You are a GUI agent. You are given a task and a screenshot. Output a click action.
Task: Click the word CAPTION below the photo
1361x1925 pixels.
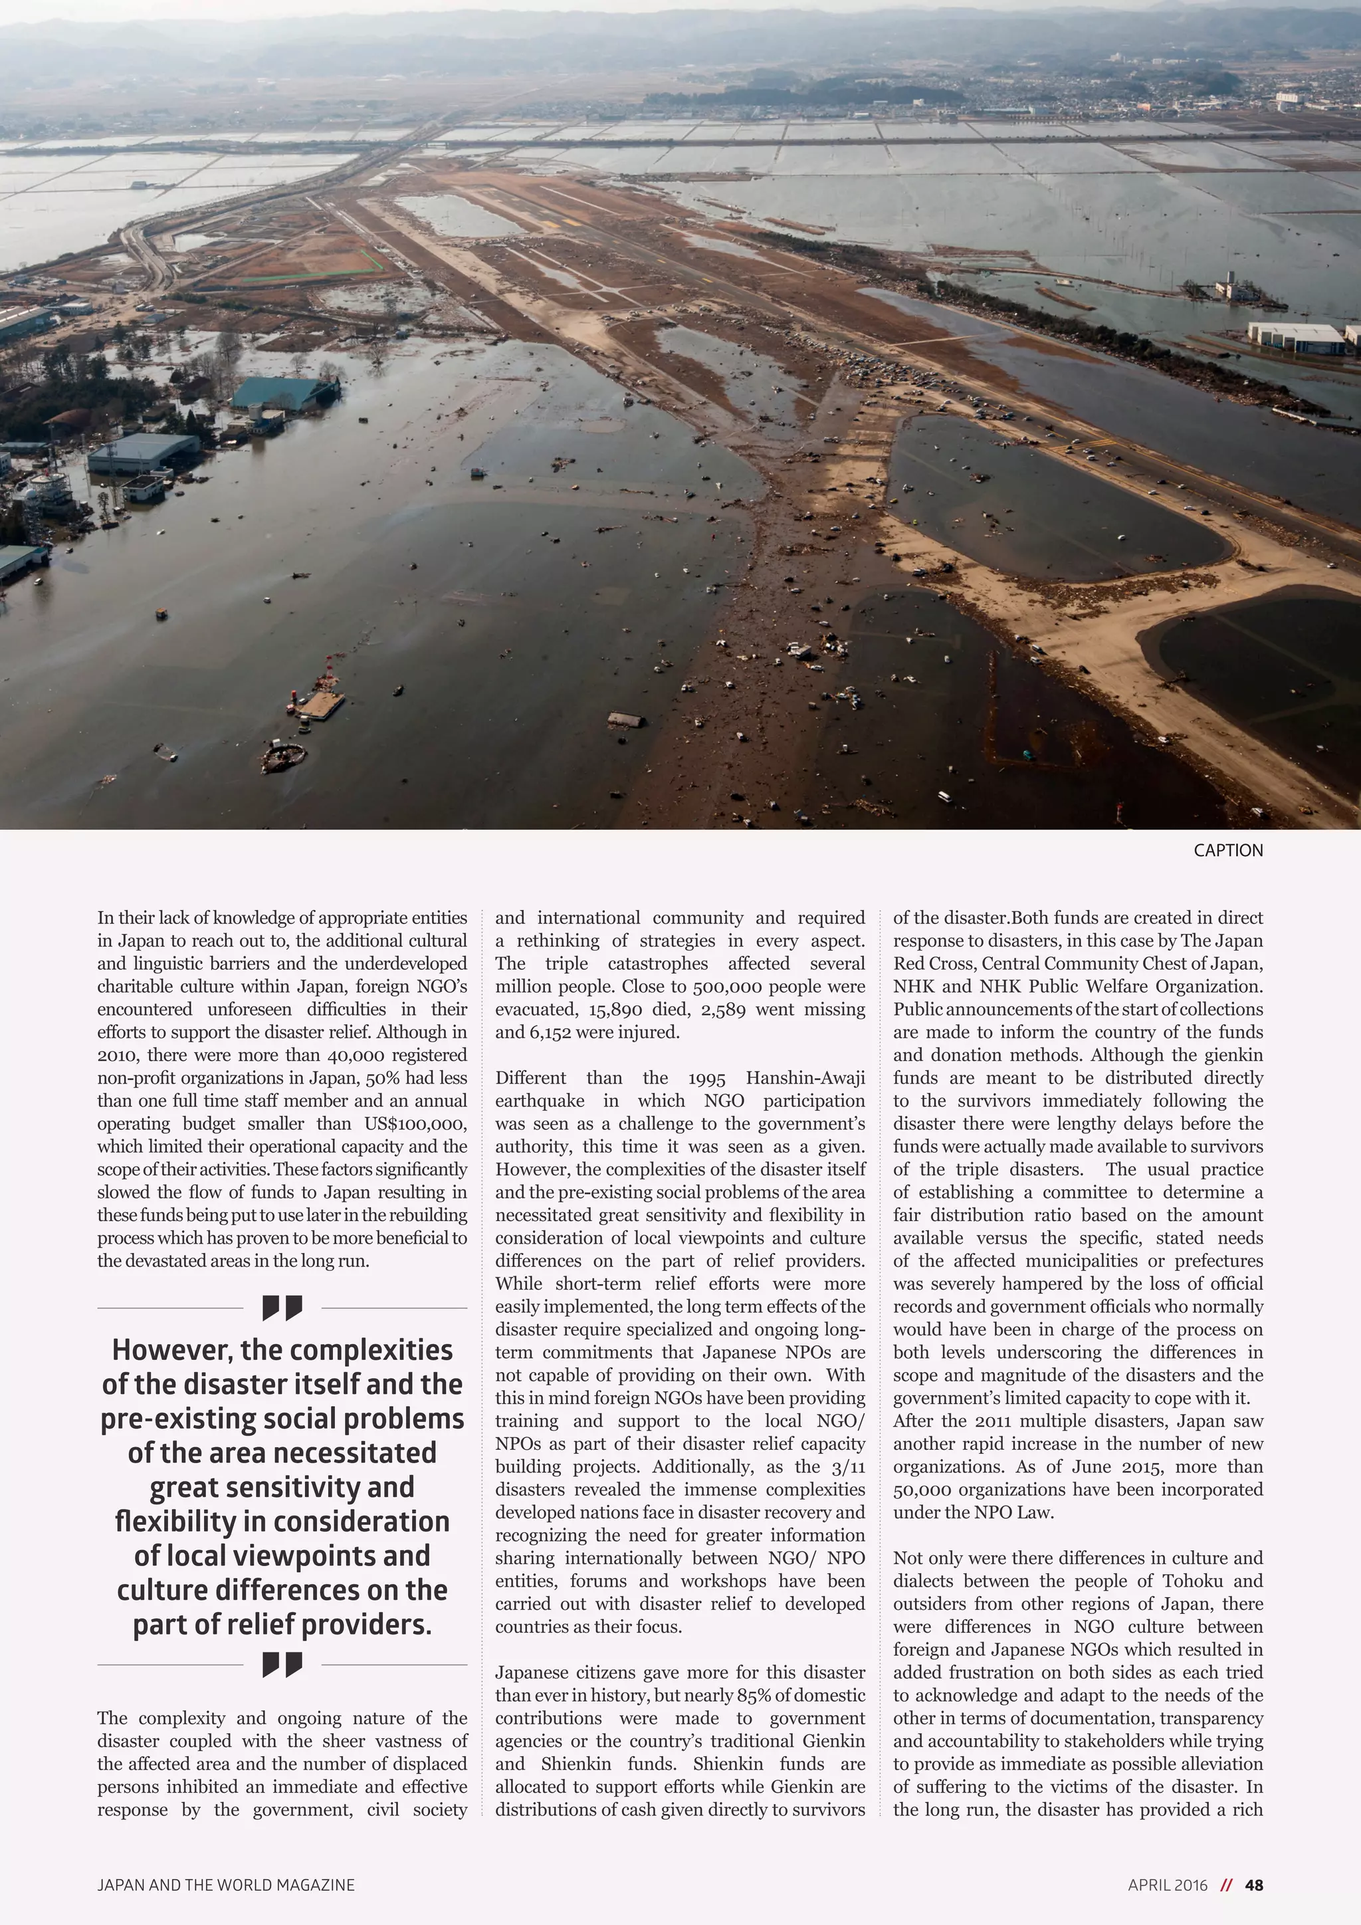pyautogui.click(x=1227, y=850)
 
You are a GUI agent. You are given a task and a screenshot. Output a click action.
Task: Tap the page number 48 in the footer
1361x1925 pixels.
pyautogui.click(x=1254, y=1884)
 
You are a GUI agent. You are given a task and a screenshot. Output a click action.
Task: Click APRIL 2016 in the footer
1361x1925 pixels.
pyautogui.click(x=1168, y=1884)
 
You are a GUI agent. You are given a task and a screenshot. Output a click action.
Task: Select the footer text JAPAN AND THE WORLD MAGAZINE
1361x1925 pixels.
pyautogui.click(x=225, y=1884)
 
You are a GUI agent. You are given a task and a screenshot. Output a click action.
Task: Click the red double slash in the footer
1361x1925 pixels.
pyautogui.click(x=1226, y=1884)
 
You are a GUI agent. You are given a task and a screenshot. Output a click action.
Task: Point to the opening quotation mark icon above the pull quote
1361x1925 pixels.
pyautogui.click(x=282, y=1307)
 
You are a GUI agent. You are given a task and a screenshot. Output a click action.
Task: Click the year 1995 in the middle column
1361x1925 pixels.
pyautogui.click(x=706, y=1077)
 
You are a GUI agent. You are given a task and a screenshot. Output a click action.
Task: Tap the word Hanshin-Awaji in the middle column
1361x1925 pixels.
pyautogui.click(x=805, y=1077)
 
